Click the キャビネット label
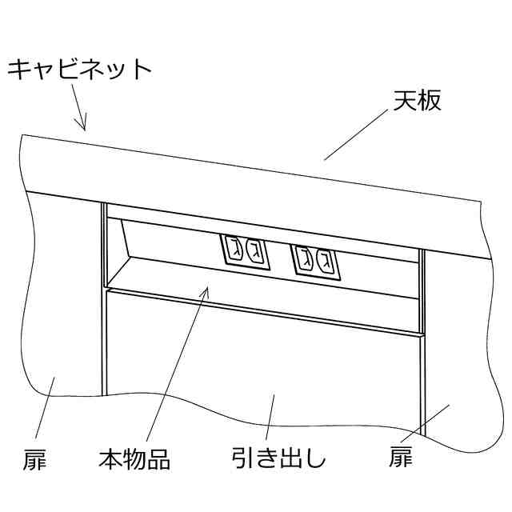(78, 70)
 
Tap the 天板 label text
(417, 102)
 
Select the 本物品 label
(134, 460)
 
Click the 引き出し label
(279, 459)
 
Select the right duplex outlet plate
(314, 258)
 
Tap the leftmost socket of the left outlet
(234, 248)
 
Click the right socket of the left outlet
(254, 250)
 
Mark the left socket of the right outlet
(304, 256)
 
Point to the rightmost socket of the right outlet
(325, 258)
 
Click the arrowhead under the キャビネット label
(82, 123)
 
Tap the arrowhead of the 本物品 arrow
(206, 290)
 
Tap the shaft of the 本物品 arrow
(178, 368)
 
